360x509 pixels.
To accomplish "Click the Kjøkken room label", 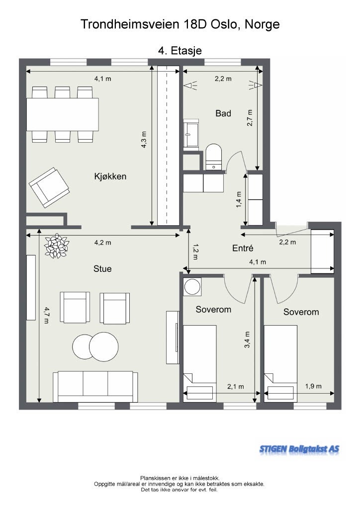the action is click(110, 176).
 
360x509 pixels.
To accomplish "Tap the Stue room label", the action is click(102, 269).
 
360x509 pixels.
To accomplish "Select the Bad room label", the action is click(223, 113).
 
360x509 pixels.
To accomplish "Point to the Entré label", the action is click(243, 249).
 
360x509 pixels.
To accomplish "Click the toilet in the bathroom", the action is click(214, 157).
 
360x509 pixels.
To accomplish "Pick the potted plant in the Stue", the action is click(57, 246).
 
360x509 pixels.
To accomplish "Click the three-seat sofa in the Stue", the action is click(95, 387).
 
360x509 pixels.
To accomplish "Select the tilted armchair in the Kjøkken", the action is click(49, 187).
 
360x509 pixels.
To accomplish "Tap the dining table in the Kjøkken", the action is click(62, 114).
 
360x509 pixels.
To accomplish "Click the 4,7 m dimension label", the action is click(46, 315).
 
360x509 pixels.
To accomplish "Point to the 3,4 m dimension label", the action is click(247, 339).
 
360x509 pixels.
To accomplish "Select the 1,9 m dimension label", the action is click(313, 386).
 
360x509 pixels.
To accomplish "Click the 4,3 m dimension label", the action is click(144, 140).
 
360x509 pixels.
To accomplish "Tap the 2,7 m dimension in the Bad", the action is click(250, 118).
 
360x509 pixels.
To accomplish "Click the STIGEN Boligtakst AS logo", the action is click(299, 449).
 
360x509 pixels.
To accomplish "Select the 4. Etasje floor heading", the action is click(180, 51).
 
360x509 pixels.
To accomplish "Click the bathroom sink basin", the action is click(191, 133).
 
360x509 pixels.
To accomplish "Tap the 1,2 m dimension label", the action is click(195, 252).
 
